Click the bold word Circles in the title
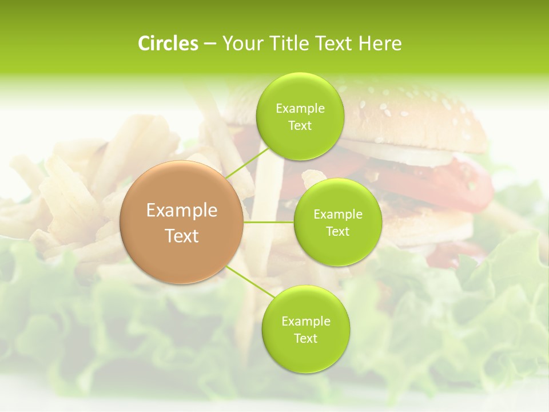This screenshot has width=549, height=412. (x=168, y=43)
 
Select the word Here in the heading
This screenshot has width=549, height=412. (x=380, y=43)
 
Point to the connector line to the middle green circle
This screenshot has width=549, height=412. (x=268, y=222)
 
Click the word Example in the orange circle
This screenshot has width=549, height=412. (x=182, y=211)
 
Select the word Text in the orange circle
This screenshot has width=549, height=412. (x=182, y=236)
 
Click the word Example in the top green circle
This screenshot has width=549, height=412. (x=300, y=109)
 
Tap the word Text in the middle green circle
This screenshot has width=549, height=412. (x=338, y=232)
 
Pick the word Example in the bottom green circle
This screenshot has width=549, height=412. (x=306, y=322)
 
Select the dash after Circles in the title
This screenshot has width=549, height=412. (x=210, y=44)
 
